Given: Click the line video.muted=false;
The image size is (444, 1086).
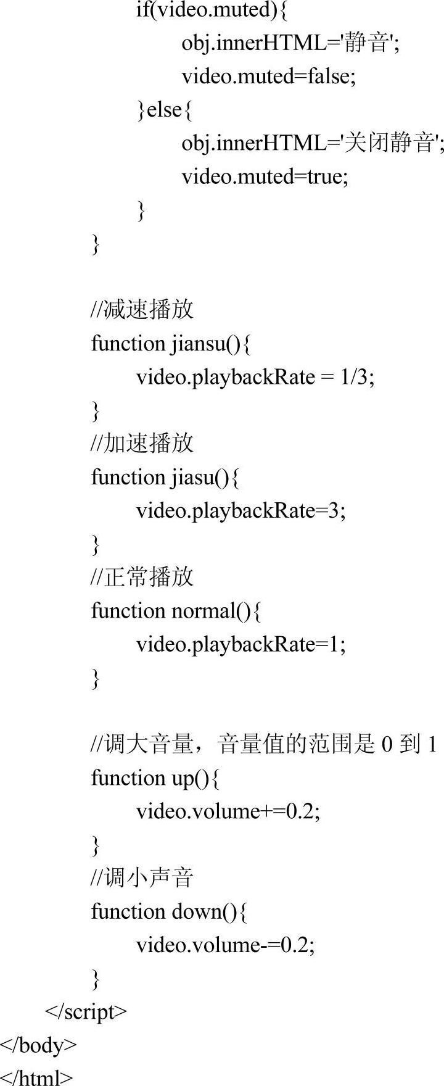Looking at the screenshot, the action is click(x=268, y=77).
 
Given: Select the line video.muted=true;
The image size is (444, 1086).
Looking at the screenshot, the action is click(x=265, y=177).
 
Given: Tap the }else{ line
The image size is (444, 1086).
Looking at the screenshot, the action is click(x=165, y=110).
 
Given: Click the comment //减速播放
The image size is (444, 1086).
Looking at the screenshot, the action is click(x=142, y=309).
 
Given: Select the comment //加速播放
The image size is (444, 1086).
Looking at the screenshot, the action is click(x=142, y=443).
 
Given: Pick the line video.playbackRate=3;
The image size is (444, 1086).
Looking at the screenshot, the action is click(x=240, y=511).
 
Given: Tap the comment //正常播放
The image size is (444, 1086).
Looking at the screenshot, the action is click(x=142, y=577).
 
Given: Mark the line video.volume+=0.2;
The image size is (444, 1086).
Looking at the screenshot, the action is click(x=228, y=811).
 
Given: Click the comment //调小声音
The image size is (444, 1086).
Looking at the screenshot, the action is click(x=142, y=877).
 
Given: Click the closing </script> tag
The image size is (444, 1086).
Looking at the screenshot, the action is click(x=86, y=1012).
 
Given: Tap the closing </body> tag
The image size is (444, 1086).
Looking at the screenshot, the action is click(x=38, y=1045).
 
